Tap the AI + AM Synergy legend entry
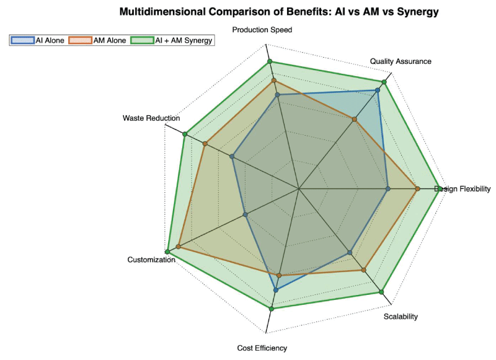pyautogui.click(x=179, y=40)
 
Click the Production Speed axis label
pyautogui.click(x=262, y=30)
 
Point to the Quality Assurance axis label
pyautogui.click(x=401, y=61)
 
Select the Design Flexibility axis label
pyautogui.click(x=463, y=189)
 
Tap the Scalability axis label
pyautogui.click(x=401, y=317)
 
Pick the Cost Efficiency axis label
pyautogui.click(x=262, y=348)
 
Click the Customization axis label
pyautogui.click(x=151, y=260)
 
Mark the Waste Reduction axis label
pyautogui.click(x=151, y=118)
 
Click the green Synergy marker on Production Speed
pyautogui.click(x=270, y=61)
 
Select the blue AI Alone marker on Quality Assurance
pyautogui.click(x=378, y=90)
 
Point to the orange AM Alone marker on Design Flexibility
pyautogui.click(x=418, y=189)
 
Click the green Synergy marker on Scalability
pyautogui.click(x=382, y=292)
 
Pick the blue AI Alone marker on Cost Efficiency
pyautogui.click(x=276, y=289)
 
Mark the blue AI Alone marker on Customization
pyautogui.click(x=246, y=215)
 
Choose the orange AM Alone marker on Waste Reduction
pyautogui.click(x=205, y=144)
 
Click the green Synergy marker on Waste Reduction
pyautogui.click(x=184, y=134)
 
